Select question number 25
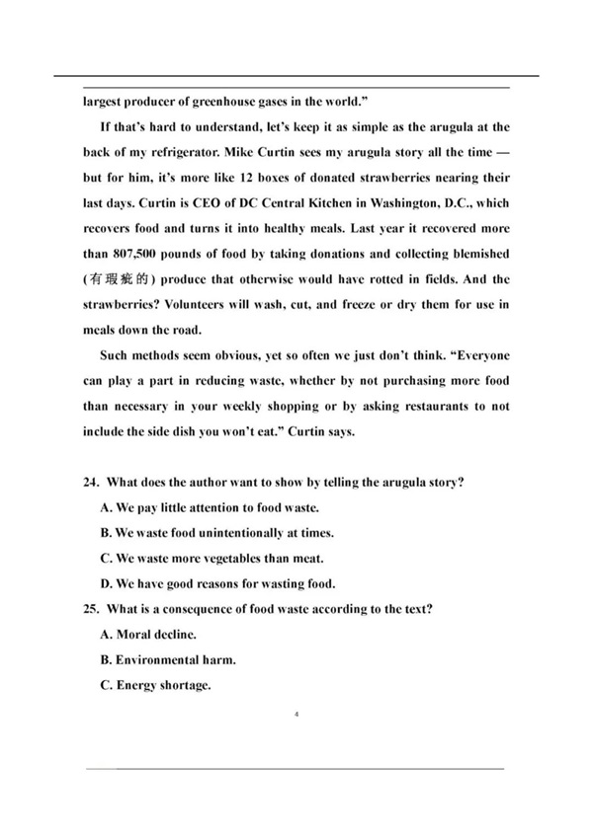(91, 610)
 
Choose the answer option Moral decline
(148, 636)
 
